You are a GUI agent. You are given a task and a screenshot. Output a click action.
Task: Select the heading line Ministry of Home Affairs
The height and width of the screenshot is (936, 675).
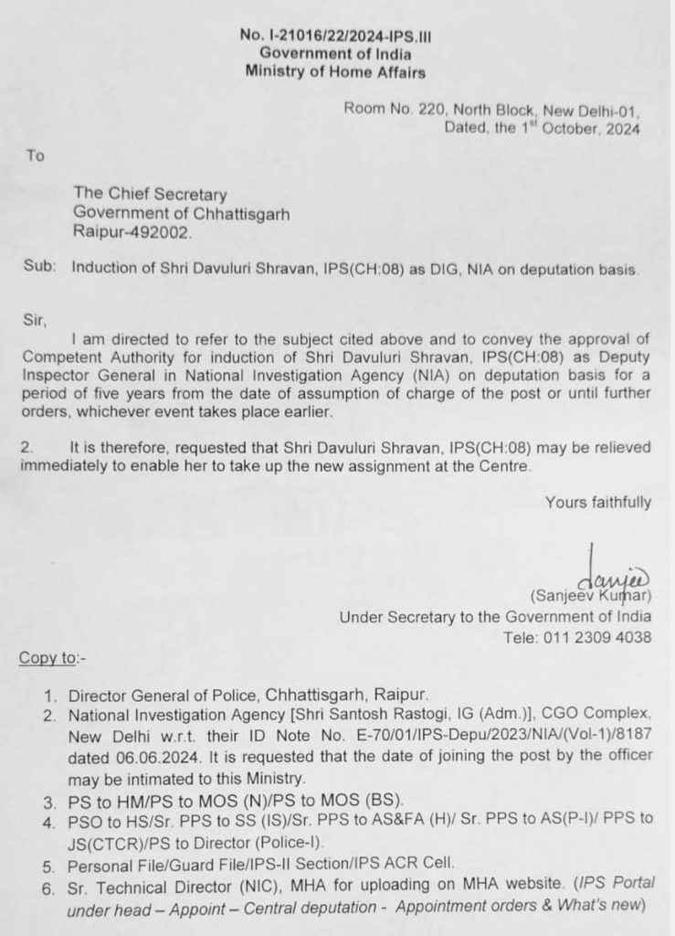coord(334,71)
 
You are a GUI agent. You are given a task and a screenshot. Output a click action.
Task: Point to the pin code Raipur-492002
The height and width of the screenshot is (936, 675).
coord(133,233)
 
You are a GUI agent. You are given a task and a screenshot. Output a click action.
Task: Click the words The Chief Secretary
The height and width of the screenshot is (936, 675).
coord(151,194)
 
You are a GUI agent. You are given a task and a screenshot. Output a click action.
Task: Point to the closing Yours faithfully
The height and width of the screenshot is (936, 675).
coord(598,501)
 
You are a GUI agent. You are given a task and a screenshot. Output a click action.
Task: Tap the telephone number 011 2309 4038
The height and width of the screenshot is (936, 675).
coord(604,637)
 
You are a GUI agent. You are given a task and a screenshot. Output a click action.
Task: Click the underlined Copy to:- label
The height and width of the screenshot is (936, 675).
coord(58,658)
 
